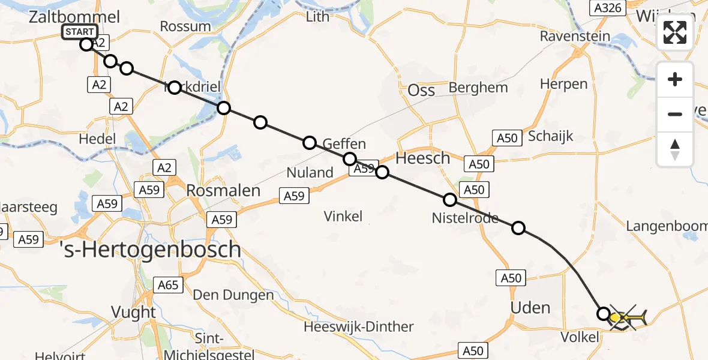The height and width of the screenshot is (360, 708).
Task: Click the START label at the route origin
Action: pyautogui.click(x=79, y=32)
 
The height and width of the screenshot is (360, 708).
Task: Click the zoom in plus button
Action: pyautogui.click(x=675, y=80)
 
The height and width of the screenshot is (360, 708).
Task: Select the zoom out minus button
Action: pyautogui.click(x=675, y=114)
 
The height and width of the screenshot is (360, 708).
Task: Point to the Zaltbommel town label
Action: pyautogui.click(x=74, y=17)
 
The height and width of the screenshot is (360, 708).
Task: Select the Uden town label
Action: pyautogui.click(x=530, y=308)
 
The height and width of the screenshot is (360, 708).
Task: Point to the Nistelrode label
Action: pyautogui.click(x=465, y=218)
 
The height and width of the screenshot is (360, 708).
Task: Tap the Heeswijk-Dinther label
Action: pyautogui.click(x=359, y=327)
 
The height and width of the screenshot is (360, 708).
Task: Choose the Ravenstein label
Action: pyautogui.click(x=575, y=36)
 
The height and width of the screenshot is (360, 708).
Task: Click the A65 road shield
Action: pyautogui.click(x=169, y=284)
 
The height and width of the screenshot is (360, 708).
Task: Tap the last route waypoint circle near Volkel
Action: pyautogui.click(x=604, y=313)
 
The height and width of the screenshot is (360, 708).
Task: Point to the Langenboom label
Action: pyautogui.click(x=666, y=226)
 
